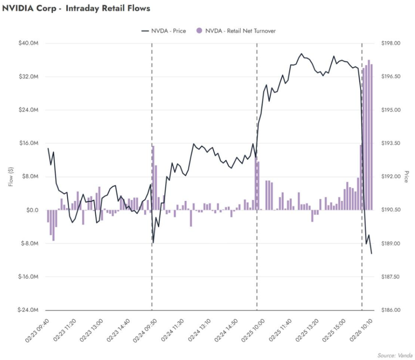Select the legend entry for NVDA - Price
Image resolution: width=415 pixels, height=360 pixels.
[x=163, y=31]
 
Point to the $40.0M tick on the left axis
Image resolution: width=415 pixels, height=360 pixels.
[x=29, y=43]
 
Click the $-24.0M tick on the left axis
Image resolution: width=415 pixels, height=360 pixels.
[x=28, y=310]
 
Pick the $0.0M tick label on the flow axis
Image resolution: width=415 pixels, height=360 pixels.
[x=30, y=210]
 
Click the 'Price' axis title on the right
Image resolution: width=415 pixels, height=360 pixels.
[x=406, y=177]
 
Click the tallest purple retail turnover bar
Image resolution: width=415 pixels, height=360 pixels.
[x=369, y=135]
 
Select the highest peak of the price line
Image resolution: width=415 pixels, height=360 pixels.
[x=302, y=53]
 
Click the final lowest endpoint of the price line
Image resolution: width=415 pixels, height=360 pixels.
[x=372, y=253]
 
